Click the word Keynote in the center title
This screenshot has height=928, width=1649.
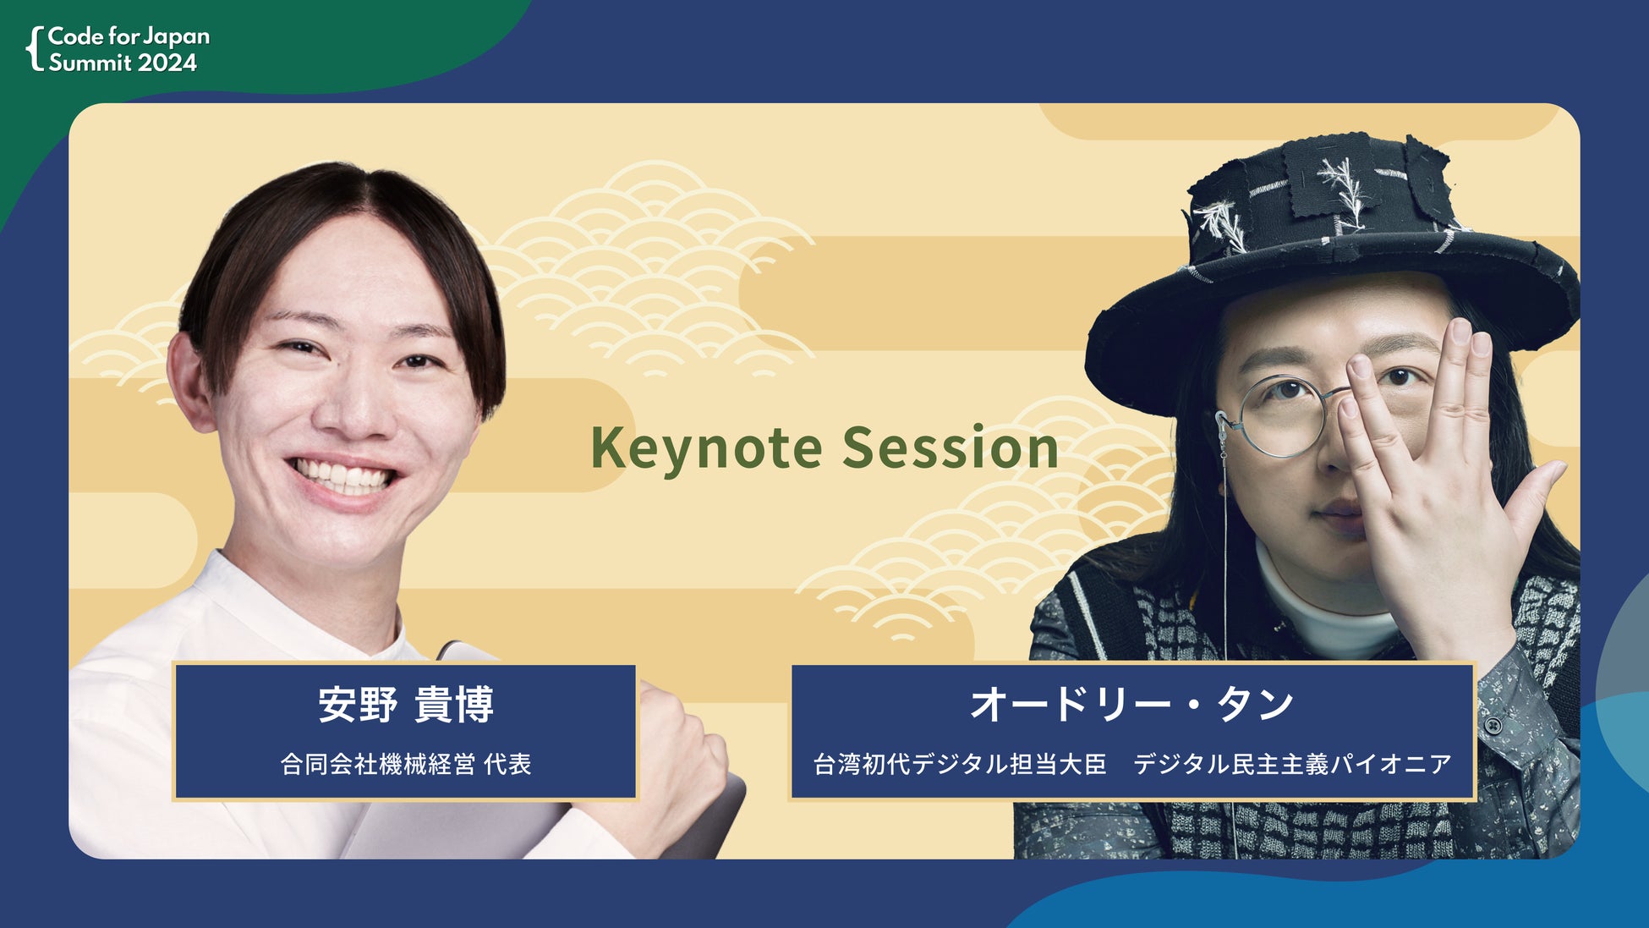pos(706,448)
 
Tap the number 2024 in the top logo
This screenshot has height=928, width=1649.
pos(167,63)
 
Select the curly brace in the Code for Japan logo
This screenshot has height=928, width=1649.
pos(35,48)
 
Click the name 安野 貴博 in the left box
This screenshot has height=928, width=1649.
pos(406,705)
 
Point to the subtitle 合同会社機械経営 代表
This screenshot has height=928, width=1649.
pos(406,764)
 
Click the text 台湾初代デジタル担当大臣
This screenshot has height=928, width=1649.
pos(960,764)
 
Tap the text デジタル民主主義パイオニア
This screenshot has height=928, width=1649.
pos(1292,764)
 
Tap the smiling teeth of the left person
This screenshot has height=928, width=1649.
pos(342,476)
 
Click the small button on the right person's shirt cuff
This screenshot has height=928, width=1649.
pos(1494,726)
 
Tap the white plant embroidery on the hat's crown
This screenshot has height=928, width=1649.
pos(1345,190)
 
